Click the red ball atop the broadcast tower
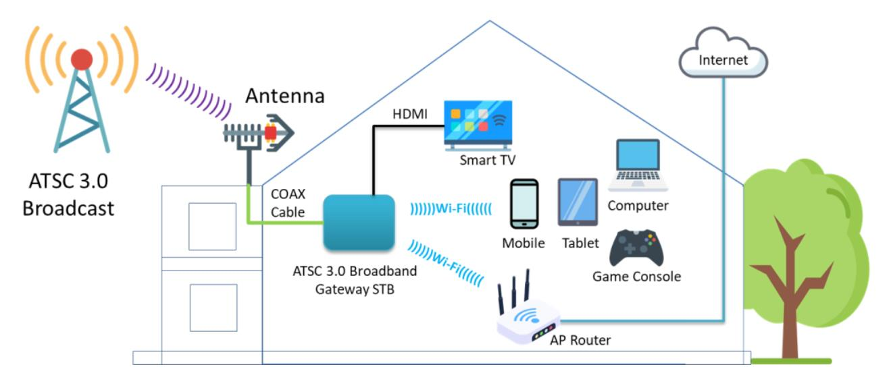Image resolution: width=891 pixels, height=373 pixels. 82,59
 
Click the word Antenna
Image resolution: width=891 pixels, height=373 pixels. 284,96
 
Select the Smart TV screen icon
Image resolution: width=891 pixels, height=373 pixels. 477,125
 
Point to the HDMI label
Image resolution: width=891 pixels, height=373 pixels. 410,115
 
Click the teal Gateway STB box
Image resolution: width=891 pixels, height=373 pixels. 358,223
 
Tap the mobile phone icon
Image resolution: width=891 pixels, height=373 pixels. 524,203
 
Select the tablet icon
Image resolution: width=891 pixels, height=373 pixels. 578,202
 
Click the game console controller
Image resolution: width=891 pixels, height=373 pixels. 636,248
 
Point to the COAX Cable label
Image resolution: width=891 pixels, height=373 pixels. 288,203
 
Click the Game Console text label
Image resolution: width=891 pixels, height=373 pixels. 636,277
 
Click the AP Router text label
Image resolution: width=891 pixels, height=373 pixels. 580,340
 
